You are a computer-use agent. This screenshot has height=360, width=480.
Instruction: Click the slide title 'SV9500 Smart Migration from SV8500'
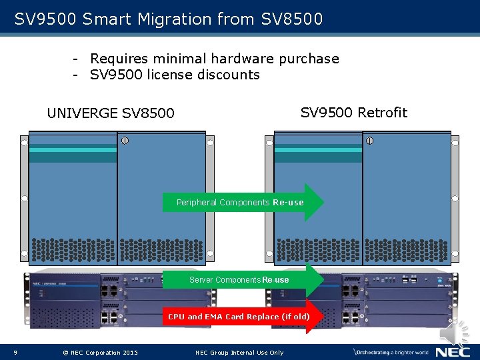(169, 19)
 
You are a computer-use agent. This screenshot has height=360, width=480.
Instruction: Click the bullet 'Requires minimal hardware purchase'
(214, 59)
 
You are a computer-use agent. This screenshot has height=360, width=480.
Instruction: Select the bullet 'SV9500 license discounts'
(175, 75)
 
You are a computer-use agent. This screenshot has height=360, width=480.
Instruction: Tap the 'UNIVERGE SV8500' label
(111, 113)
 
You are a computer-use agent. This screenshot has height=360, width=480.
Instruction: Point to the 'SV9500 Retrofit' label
(353, 112)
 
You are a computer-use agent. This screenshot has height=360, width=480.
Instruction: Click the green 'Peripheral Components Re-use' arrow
(243, 202)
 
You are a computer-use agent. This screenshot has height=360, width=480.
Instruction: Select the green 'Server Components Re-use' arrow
(243, 280)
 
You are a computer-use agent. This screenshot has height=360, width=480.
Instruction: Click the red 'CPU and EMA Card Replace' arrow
(243, 317)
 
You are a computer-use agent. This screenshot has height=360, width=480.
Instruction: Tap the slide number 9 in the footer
(15, 352)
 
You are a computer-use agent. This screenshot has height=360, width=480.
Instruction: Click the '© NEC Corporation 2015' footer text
(100, 352)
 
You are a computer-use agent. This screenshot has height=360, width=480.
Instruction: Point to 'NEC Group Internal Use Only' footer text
(239, 352)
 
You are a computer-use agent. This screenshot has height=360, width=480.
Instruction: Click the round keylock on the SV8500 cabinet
(124, 141)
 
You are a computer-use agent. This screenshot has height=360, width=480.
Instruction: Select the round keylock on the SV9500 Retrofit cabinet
(369, 141)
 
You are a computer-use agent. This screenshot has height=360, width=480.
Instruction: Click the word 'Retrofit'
(382, 112)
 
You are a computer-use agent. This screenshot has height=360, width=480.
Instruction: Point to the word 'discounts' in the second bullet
(229, 75)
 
